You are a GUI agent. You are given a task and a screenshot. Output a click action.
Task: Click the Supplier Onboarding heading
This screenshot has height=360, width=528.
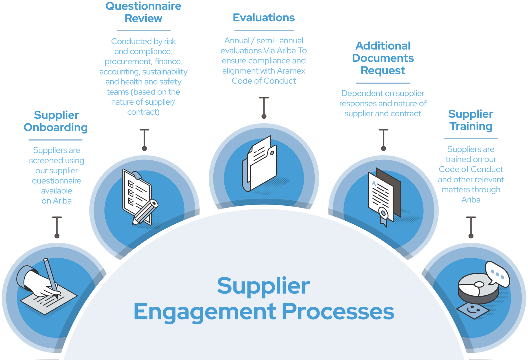(56, 121)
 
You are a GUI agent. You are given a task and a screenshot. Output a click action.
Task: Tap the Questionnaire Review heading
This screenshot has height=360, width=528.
(143, 12)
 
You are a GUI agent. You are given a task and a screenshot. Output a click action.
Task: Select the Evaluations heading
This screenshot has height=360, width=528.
(264, 17)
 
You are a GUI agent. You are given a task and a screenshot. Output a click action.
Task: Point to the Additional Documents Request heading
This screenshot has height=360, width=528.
(383, 58)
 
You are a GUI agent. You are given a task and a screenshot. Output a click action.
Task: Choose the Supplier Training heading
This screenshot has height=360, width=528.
(471, 120)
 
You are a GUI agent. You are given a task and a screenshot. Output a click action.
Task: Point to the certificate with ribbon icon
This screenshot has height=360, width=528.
(384, 197)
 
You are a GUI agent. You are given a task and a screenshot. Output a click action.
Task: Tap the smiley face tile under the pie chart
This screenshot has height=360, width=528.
(473, 309)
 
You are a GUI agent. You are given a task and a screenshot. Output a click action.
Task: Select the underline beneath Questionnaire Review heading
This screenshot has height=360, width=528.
(144, 30)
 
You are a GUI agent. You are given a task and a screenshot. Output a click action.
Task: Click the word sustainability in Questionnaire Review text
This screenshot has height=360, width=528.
(165, 72)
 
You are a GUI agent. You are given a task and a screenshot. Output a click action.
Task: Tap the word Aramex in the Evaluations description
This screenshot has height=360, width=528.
(291, 71)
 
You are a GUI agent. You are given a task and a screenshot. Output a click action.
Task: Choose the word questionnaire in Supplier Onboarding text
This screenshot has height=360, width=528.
(57, 180)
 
